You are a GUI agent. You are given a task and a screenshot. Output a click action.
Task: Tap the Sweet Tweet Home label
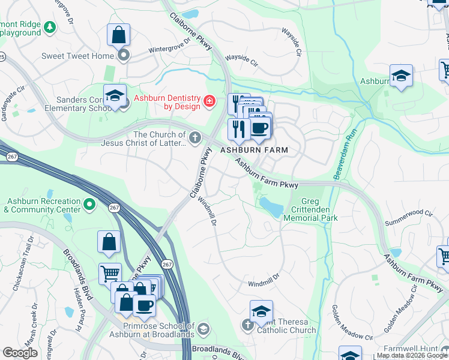pos(77,56)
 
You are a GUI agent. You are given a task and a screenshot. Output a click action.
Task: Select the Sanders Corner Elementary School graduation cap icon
pos(114,95)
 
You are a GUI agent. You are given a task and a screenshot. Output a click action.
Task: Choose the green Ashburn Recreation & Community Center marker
pos(89,205)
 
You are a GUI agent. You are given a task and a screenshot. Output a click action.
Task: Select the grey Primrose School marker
pos(203,329)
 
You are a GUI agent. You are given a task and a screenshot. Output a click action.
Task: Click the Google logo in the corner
pos(20,353)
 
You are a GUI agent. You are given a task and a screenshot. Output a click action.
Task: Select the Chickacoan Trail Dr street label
pos(23,264)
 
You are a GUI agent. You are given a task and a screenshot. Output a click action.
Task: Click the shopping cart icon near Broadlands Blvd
pos(110,274)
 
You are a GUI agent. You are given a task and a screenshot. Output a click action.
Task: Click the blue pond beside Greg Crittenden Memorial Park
pos(271,207)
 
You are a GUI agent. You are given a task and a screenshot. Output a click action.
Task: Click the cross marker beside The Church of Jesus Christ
pos(194,139)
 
